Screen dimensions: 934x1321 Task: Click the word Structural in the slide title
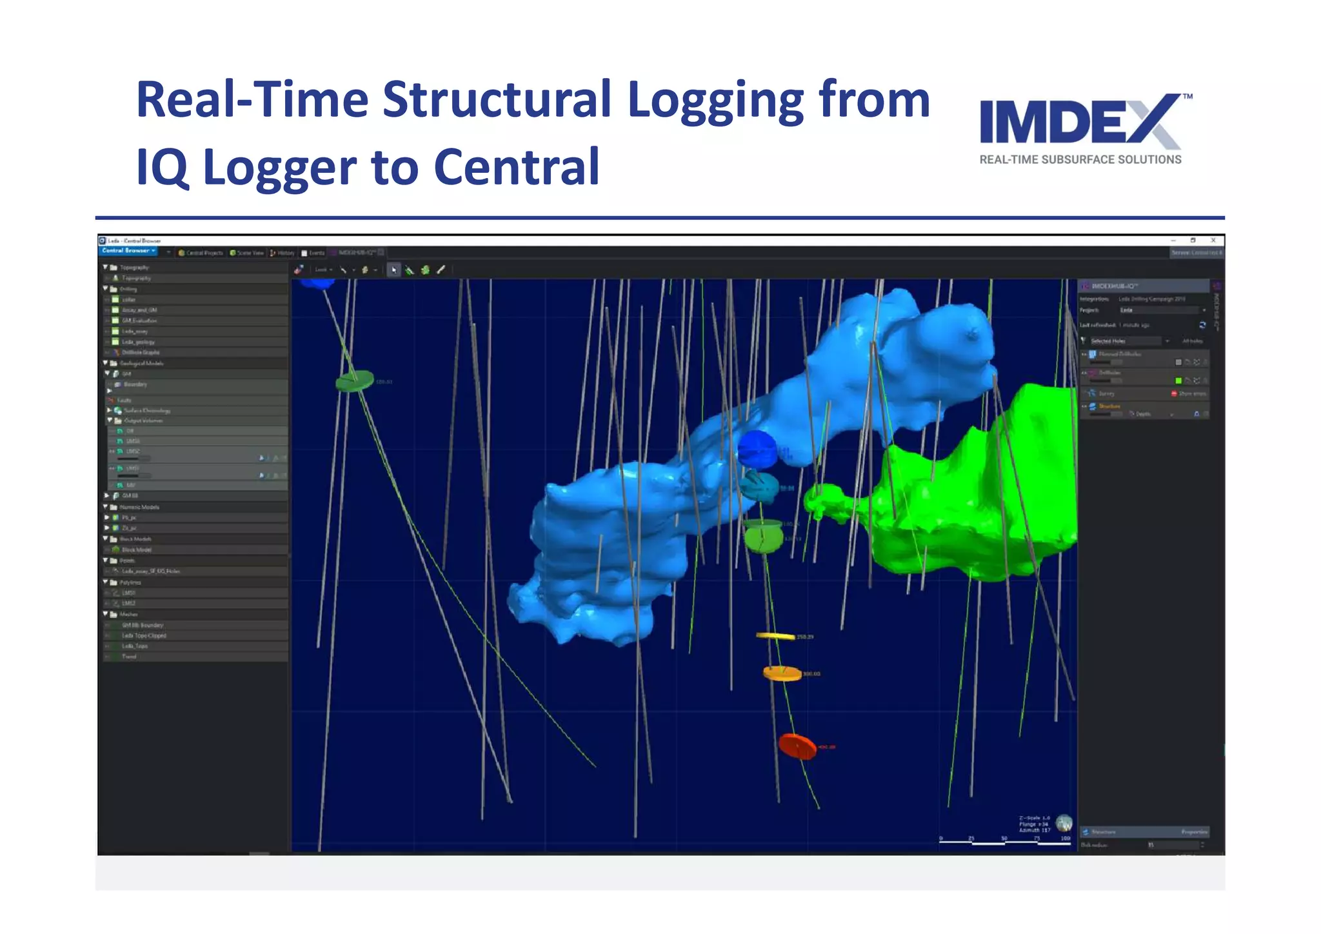[496, 100]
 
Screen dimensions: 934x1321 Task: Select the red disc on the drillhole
[797, 746]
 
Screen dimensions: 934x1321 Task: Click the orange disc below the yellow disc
[782, 673]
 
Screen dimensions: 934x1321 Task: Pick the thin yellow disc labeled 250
[775, 636]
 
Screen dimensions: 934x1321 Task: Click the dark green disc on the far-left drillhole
[354, 381]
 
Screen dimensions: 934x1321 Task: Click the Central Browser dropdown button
[128, 251]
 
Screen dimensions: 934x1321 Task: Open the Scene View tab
[246, 253]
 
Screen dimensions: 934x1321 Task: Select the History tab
[283, 253]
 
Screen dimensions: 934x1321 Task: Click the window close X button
[1213, 240]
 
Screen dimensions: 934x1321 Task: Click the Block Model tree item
[136, 550]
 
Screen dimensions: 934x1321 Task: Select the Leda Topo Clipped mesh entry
[144, 635]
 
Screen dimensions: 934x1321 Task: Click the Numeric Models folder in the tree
[139, 507]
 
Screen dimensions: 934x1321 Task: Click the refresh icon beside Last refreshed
[1202, 325]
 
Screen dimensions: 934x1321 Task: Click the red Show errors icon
[1174, 393]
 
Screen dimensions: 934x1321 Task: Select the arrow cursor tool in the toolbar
[393, 270]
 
